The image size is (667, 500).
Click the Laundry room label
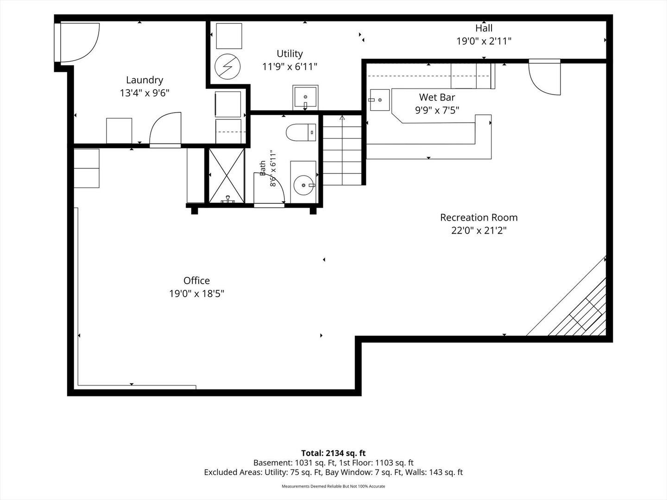[145, 80]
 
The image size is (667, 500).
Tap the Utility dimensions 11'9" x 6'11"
[289, 67]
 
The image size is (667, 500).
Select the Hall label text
[484, 28]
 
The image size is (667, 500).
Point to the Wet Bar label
[437, 97]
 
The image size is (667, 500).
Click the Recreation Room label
[479, 218]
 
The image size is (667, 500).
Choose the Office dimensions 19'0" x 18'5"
[196, 294]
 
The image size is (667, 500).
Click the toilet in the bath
[301, 132]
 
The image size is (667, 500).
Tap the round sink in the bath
[303, 185]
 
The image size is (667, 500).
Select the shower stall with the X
[227, 175]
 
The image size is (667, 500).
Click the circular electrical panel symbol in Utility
[227, 67]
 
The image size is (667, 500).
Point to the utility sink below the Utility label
[305, 97]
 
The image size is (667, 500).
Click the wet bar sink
[379, 100]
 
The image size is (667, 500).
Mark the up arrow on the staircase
[342, 118]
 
